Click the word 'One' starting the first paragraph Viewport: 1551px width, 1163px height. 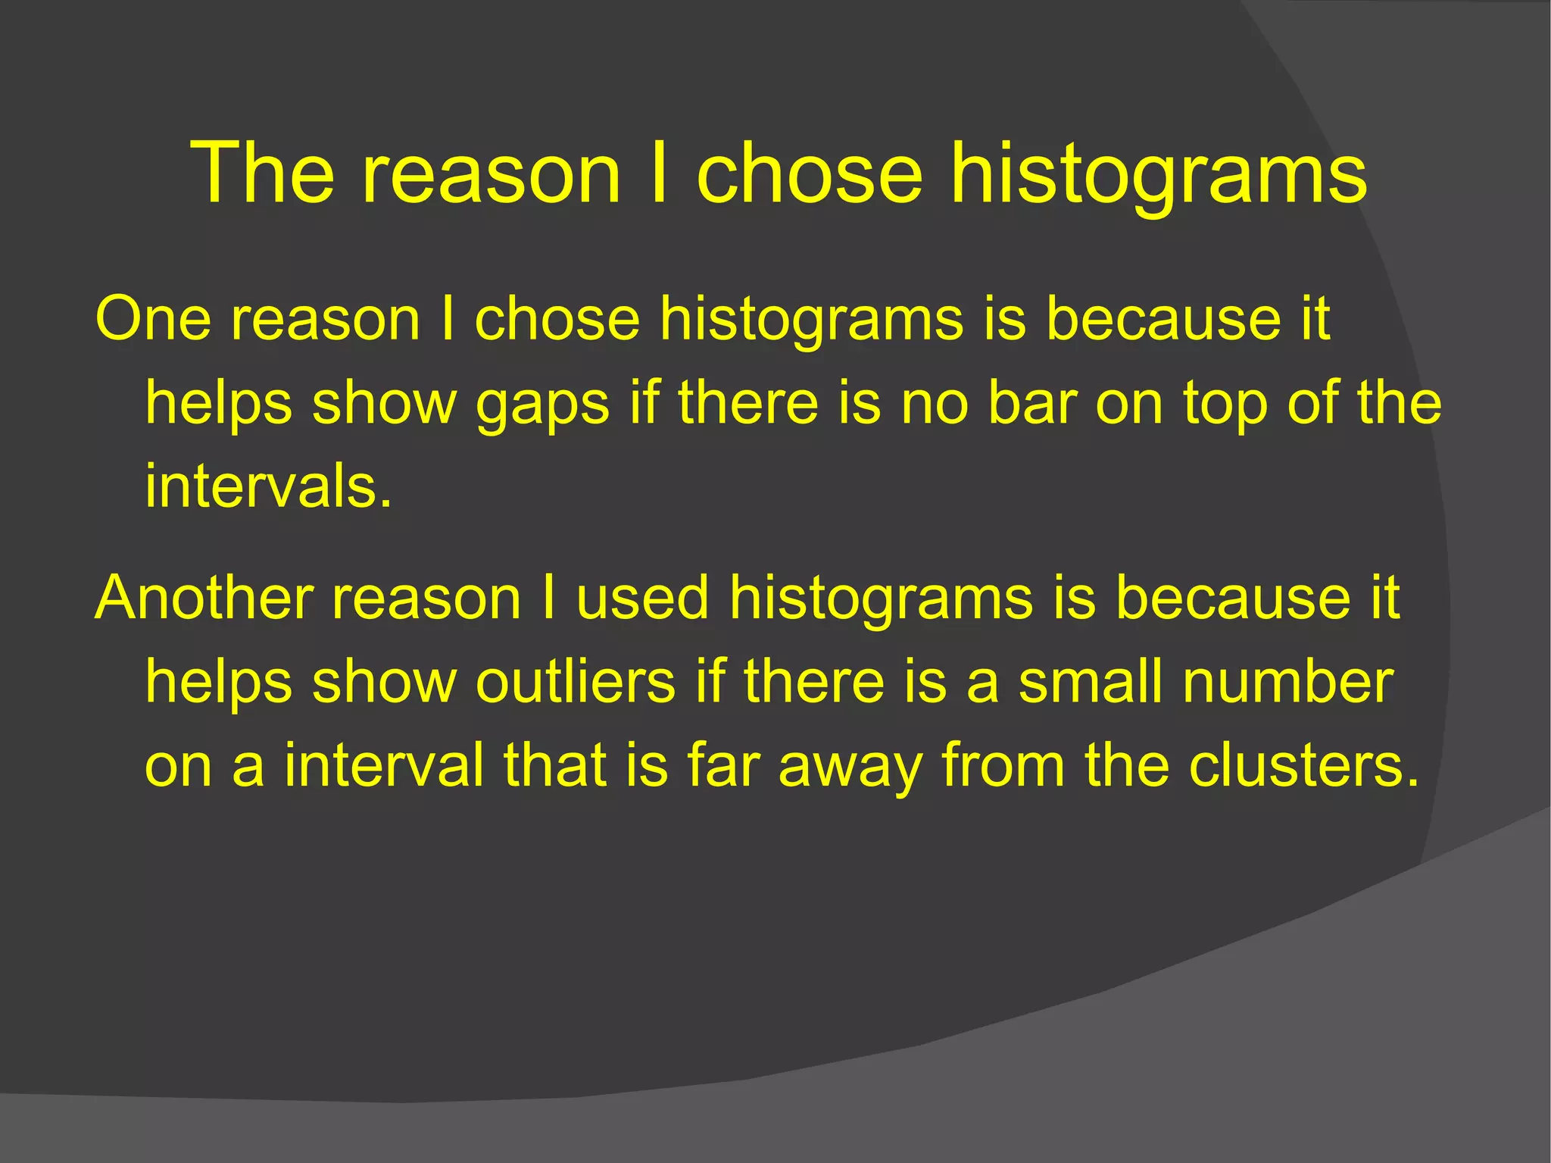(152, 319)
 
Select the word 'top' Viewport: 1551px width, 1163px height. (1226, 404)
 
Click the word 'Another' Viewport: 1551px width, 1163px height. (204, 598)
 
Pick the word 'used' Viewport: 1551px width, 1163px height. (642, 598)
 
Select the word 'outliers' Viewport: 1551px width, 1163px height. (576, 681)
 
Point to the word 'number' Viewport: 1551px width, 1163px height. (1287, 681)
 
